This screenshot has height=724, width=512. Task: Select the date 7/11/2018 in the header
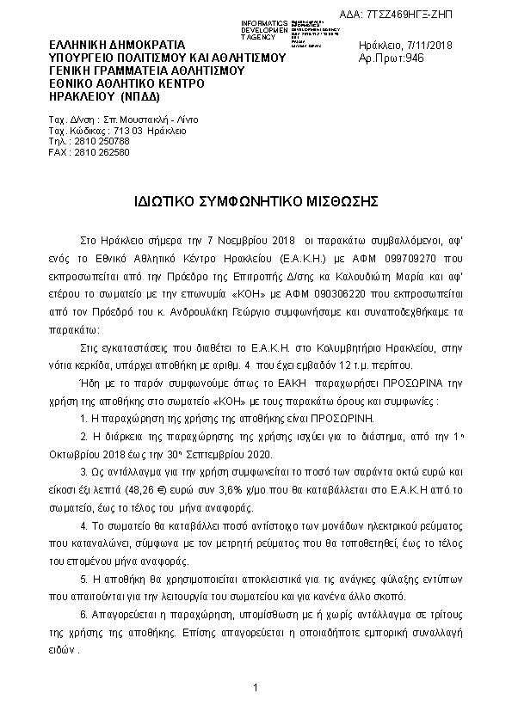click(x=430, y=45)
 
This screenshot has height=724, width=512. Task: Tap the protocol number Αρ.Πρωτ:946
click(x=392, y=58)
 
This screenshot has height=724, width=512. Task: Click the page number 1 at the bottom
click(x=256, y=688)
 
